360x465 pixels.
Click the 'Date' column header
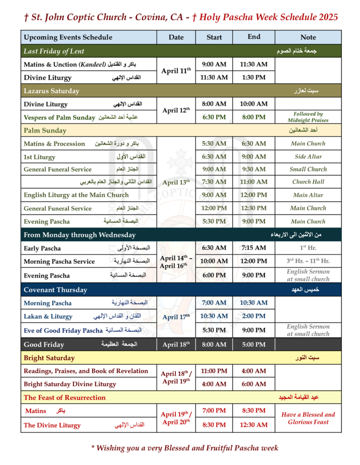(176, 37)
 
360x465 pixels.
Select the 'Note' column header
(308, 37)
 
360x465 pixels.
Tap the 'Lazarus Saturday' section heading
(51, 91)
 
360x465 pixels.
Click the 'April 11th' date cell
(176, 71)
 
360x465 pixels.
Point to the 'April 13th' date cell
(176, 182)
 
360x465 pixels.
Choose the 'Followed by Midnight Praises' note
(308, 117)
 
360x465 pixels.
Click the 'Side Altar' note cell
(308, 157)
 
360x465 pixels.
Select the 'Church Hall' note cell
(308, 182)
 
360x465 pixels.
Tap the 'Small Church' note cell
(308, 169)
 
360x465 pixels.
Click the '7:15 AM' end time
(254, 248)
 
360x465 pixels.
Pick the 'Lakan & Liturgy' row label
(48, 317)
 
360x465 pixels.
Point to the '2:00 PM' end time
(254, 317)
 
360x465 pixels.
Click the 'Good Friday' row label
(44, 345)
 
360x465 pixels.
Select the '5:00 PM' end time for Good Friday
(254, 345)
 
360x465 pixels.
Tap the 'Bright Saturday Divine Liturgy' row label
(70, 384)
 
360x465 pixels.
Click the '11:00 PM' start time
(214, 371)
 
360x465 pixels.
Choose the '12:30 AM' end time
(254, 425)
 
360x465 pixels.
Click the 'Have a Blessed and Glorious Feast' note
(308, 418)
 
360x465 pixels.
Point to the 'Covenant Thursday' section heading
(55, 290)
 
